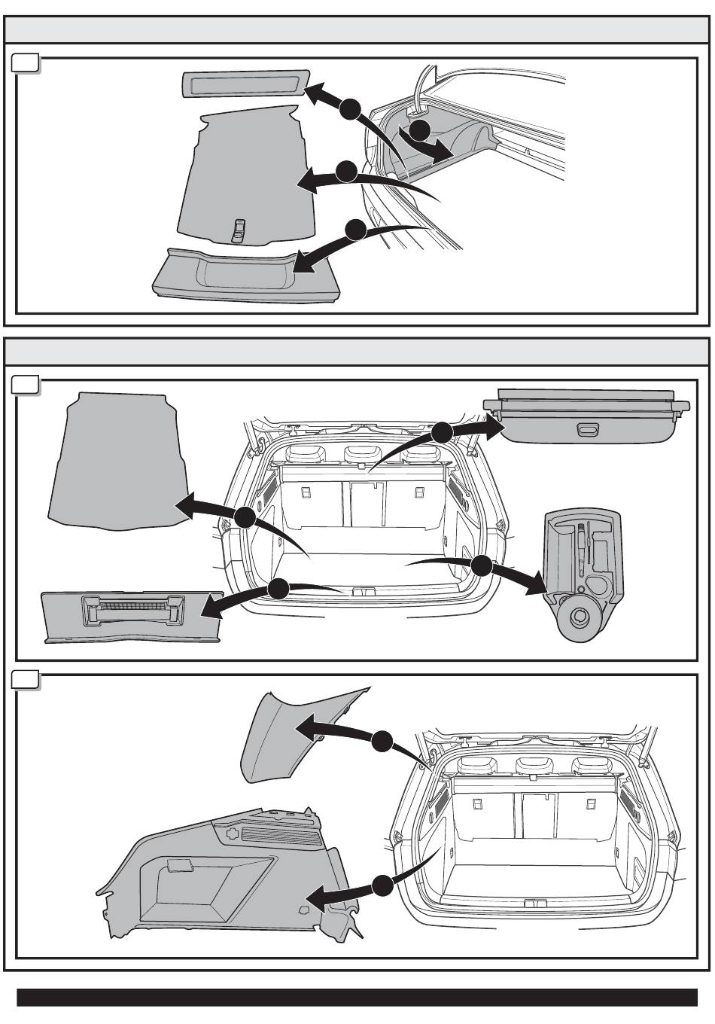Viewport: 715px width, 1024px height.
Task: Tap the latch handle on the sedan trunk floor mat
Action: click(x=239, y=229)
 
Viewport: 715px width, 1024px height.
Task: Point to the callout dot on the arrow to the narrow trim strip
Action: click(x=348, y=110)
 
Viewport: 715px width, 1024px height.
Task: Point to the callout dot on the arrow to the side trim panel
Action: click(x=382, y=886)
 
